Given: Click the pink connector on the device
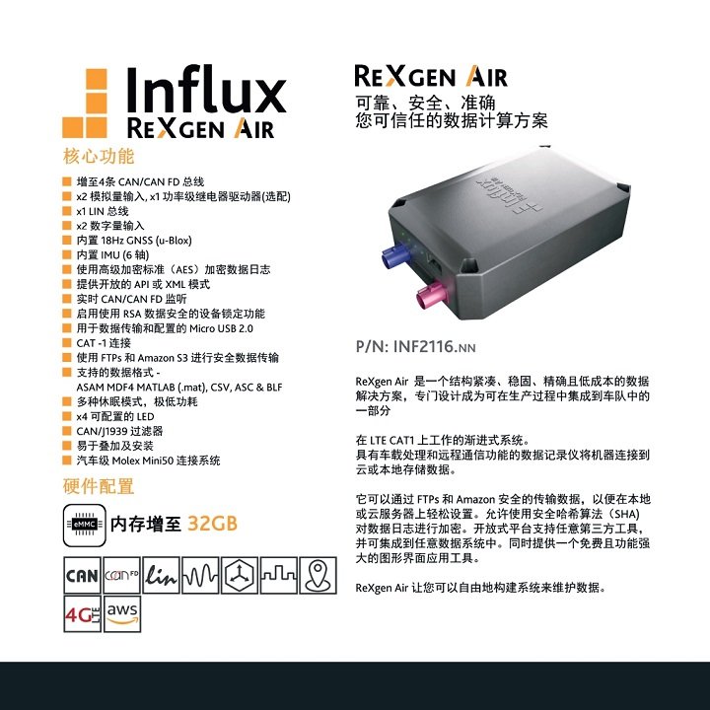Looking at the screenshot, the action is point(432,294).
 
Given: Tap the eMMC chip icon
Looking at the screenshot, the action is point(85,526).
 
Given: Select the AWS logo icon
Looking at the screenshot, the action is point(122,614).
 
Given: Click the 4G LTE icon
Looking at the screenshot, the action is point(83,614).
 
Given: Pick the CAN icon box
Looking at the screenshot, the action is point(83,576).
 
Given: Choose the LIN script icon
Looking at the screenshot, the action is point(161,576).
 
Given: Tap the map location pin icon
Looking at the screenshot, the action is point(319,576).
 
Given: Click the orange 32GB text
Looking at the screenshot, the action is point(212,524).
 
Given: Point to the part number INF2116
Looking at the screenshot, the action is point(425,347).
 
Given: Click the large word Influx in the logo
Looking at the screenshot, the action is point(206,90).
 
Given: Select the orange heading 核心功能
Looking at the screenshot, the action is point(99,156).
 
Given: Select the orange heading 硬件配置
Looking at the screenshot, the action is point(99,486).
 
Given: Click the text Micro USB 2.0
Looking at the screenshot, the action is point(221,328).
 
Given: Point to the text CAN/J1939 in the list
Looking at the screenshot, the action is point(102,432).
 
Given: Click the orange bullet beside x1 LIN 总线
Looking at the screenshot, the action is point(67,211).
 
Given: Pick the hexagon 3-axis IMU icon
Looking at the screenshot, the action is point(240,576).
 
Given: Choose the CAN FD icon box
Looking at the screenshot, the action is point(122,576).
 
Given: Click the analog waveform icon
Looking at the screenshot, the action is point(200,576).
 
